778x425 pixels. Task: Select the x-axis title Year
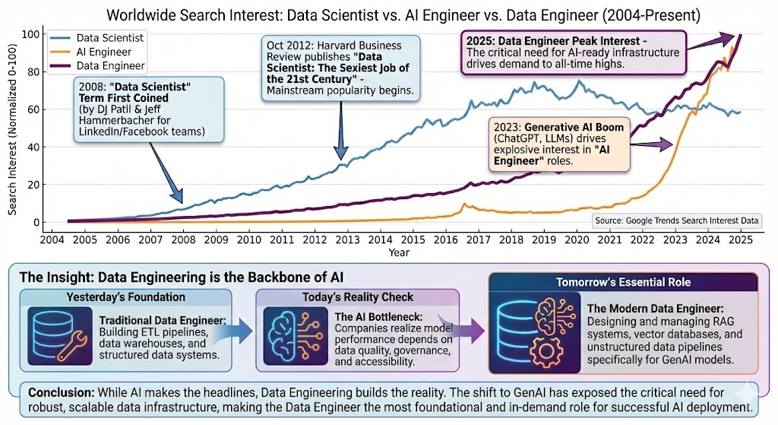click(399, 251)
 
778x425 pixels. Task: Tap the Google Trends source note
click(676, 220)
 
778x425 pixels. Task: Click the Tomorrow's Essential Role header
click(623, 281)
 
